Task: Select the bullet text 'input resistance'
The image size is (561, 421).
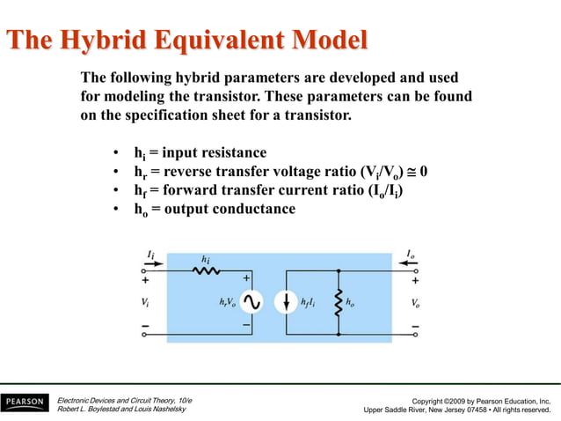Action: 214,152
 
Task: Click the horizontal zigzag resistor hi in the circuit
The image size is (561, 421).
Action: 207,272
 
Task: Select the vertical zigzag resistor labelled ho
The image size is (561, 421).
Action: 337,303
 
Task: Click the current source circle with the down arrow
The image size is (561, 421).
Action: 287,303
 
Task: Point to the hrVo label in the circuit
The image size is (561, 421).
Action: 226,303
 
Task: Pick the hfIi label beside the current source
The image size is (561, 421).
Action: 310,303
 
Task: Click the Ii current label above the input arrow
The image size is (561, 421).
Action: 151,254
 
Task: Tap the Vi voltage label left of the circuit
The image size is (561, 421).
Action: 145,303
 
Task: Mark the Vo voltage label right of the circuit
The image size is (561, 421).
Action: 416,303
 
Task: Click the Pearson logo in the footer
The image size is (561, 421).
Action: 25,402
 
